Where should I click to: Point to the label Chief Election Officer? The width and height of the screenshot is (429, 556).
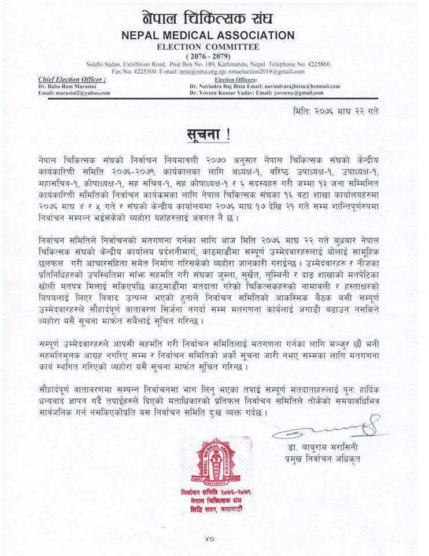pos(72,79)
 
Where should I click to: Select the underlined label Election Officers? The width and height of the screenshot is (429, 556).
pos(235,79)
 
